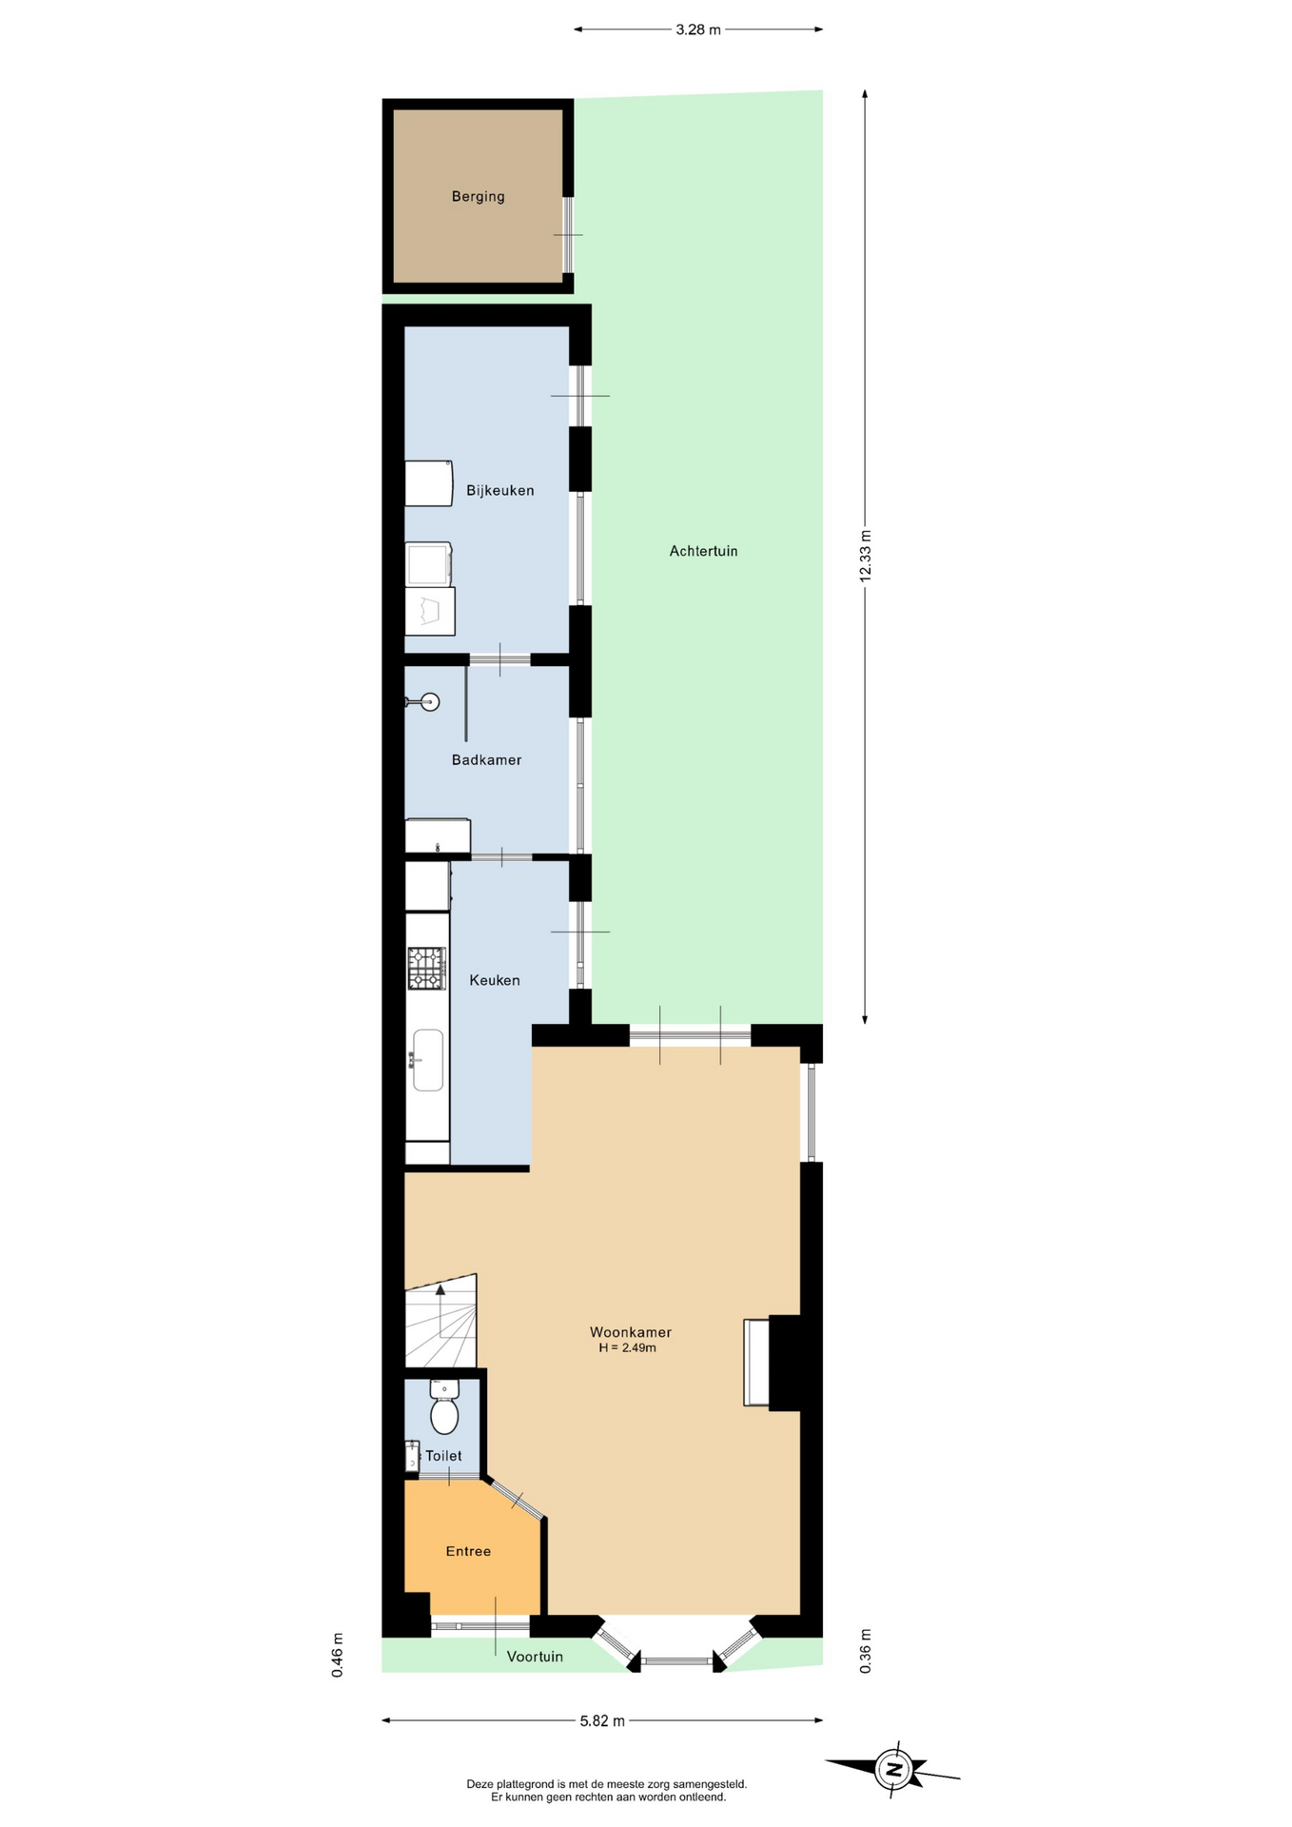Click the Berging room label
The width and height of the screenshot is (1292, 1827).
pos(478,197)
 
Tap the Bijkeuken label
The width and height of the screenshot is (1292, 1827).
pos(499,491)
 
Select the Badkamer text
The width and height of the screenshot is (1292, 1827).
pos(486,760)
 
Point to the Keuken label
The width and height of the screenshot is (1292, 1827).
pos(495,980)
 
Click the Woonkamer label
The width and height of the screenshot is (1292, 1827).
pos(630,1332)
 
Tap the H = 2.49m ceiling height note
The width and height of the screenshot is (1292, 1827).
pos(628,1348)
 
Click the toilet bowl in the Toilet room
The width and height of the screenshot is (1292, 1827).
pos(444,1407)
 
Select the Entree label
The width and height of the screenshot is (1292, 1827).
pos(468,1551)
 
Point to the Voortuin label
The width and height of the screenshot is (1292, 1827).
pos(535,1657)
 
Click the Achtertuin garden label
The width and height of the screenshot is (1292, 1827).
pos(703,551)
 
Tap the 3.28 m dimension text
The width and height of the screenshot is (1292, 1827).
pos(698,29)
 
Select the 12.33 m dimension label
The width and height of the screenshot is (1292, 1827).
pos(865,556)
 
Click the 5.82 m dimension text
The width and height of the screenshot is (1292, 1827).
pos(602,1720)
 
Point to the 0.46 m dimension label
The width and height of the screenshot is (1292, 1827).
pos(337,1655)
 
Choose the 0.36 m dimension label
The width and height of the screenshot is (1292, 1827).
pos(865,1651)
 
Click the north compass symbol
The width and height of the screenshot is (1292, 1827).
pos(892,1770)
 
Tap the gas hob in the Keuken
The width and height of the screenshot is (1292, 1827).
pos(427,969)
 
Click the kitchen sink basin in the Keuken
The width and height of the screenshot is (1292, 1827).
pos(427,1060)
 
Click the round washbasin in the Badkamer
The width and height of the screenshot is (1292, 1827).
pos(430,702)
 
